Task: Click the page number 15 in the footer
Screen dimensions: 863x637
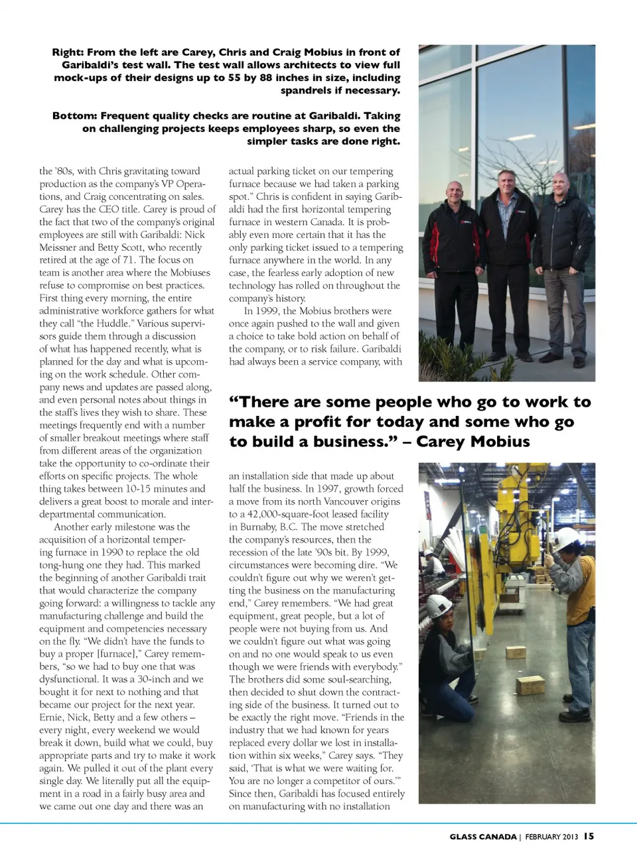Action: [589, 836]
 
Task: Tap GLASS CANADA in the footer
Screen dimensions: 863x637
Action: [482, 836]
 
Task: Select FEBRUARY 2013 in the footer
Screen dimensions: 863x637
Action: [551, 836]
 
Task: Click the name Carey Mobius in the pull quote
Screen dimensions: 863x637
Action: [473, 442]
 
